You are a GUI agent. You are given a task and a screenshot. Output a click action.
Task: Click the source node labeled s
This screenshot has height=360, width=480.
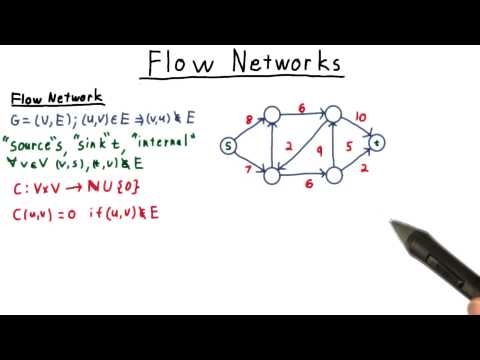click(228, 148)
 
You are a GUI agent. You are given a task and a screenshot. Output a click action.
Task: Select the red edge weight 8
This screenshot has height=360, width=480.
click(249, 121)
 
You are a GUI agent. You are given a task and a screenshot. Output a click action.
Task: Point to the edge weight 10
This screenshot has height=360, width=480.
click(361, 116)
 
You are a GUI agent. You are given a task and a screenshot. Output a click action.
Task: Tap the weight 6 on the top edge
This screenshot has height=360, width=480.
click(301, 107)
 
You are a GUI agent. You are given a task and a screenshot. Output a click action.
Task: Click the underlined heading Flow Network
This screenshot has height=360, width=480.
click(57, 98)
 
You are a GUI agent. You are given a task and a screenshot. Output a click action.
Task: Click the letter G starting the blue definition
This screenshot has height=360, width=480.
click(17, 120)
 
